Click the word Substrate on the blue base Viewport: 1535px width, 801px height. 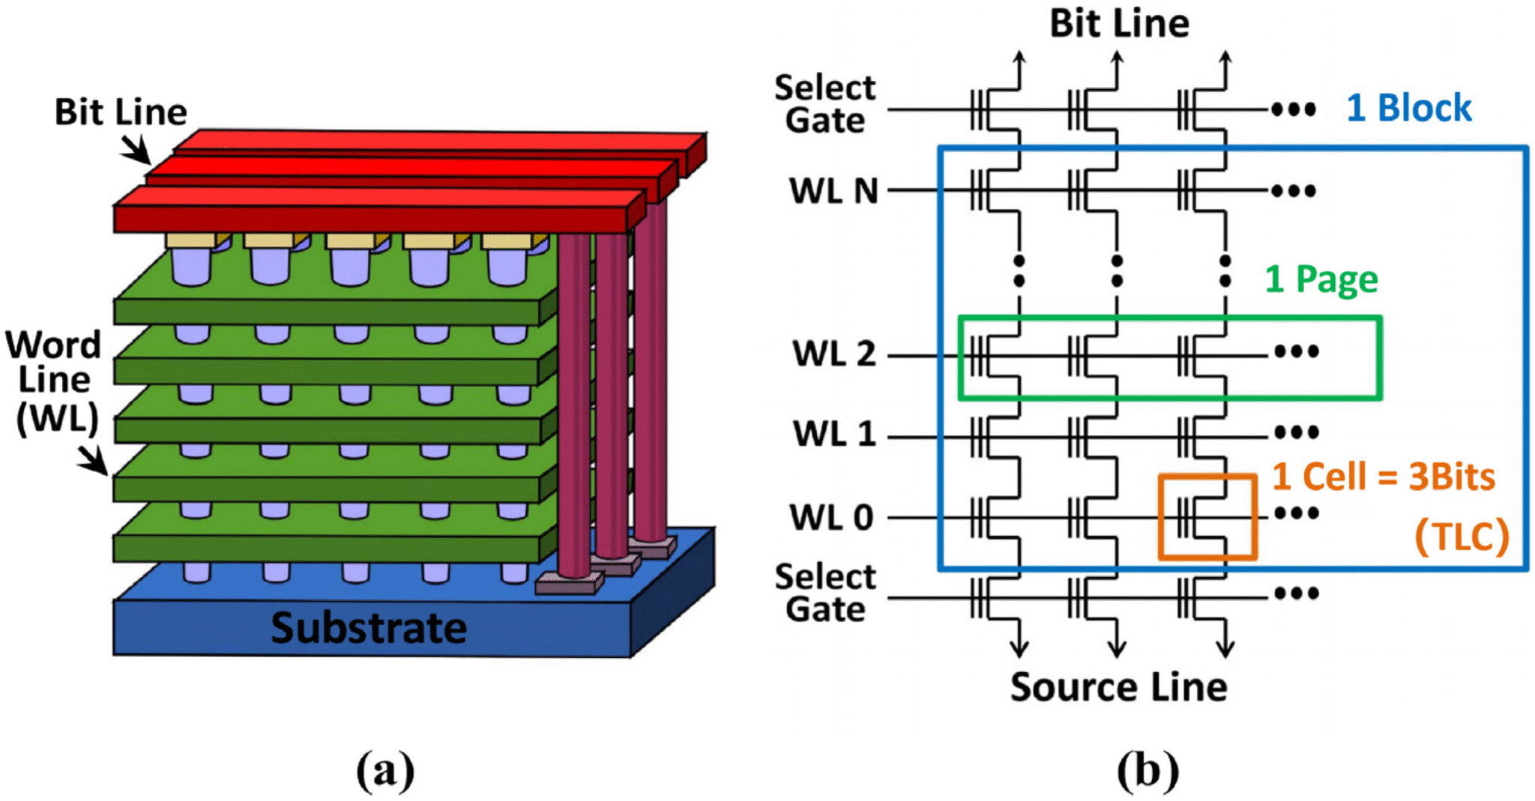tap(368, 628)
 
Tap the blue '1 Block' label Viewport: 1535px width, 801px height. tap(1408, 108)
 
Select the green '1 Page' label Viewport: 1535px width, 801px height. tap(1321, 279)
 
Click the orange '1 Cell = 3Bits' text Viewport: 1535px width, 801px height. tap(1383, 477)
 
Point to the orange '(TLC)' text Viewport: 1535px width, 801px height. tap(1461, 536)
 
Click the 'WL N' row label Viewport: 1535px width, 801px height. tap(833, 191)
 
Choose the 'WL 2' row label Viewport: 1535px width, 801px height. tap(833, 354)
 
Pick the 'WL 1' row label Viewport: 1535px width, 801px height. tap(834, 434)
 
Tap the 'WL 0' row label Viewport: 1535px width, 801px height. tap(831, 518)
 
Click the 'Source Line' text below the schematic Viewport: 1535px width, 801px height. tap(1118, 687)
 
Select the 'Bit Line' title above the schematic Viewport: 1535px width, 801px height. tap(1118, 23)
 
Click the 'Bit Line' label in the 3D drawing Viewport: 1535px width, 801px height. tap(121, 112)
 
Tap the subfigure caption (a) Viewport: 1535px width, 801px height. tap(384, 770)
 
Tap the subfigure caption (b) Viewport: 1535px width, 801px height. tap(1148, 770)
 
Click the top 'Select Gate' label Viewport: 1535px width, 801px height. tap(824, 104)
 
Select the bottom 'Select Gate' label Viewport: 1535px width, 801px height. tap(824, 593)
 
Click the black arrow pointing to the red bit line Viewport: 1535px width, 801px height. tap(136, 149)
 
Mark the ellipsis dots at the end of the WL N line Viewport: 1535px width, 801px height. tap(1294, 191)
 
